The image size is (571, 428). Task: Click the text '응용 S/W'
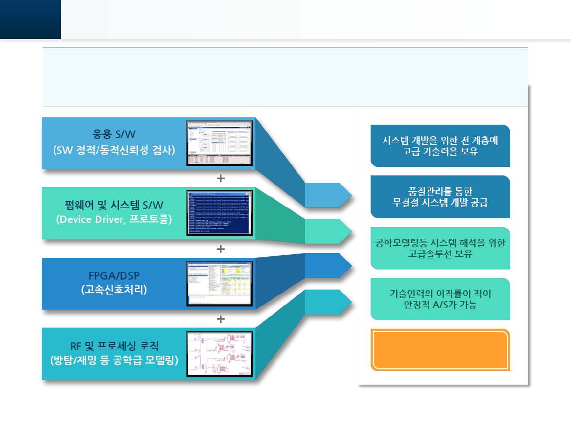(114, 134)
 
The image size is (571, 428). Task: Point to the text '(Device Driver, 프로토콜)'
(114, 219)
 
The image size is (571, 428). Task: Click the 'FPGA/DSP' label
(114, 275)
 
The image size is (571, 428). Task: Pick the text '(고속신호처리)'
(114, 290)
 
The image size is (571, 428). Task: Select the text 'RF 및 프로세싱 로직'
(114, 347)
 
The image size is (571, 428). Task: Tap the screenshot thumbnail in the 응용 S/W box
(219, 143)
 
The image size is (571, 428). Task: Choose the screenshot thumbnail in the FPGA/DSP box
(219, 284)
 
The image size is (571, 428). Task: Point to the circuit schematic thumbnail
(219, 354)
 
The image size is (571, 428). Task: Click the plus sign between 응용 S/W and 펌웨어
(220, 178)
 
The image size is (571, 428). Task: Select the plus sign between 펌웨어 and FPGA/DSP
(220, 248)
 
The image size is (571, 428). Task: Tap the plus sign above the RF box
(220, 319)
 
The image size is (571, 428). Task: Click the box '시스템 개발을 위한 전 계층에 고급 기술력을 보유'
(440, 146)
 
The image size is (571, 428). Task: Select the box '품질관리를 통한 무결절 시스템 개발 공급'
(440, 197)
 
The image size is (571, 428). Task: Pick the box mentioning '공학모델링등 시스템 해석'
(440, 248)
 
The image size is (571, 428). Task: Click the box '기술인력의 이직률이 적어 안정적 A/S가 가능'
(440, 299)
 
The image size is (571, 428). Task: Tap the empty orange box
(440, 349)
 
